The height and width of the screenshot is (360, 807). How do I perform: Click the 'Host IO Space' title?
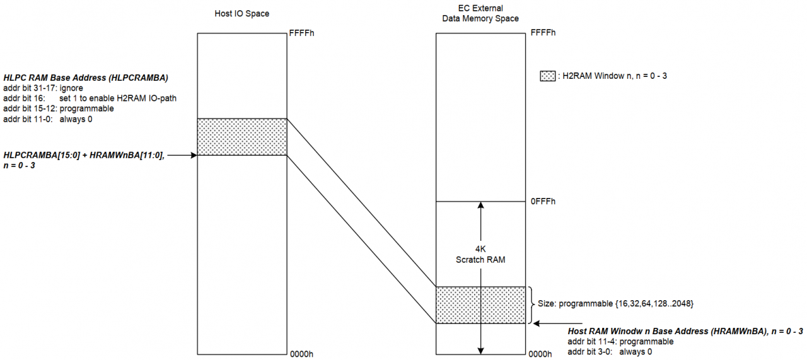point(241,14)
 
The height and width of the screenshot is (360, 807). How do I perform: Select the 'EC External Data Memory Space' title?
point(480,13)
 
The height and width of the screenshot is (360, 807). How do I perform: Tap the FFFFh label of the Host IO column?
point(301,33)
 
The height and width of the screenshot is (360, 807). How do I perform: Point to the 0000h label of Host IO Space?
point(301,354)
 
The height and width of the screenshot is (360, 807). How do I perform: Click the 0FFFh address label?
point(543,202)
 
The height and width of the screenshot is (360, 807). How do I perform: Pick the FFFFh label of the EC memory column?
point(543,33)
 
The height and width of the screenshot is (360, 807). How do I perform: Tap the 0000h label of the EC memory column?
point(540,354)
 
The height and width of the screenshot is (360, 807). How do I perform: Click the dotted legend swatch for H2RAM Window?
point(547,76)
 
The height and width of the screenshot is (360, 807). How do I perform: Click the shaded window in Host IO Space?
point(242,137)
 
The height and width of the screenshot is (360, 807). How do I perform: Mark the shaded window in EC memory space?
point(480,305)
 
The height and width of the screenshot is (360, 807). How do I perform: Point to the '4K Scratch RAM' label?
point(480,255)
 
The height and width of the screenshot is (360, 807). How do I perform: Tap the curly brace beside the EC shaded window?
point(531,305)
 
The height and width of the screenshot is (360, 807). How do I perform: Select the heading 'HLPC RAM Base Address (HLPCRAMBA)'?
point(86,78)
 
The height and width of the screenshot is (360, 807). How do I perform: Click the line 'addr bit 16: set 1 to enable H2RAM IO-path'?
point(90,98)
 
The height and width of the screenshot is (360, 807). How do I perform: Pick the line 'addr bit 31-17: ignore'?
point(44,88)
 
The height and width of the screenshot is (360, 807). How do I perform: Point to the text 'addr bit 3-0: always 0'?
point(610,352)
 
